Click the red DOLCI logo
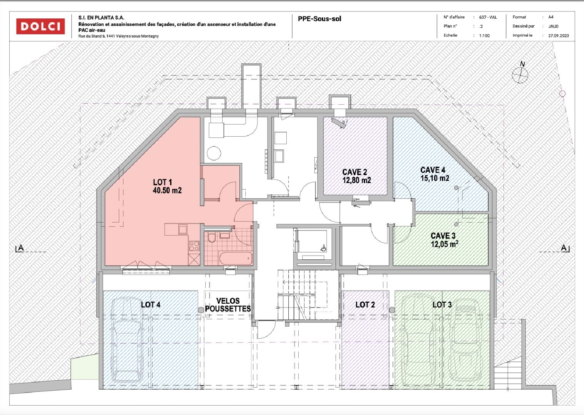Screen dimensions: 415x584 coord(40,26)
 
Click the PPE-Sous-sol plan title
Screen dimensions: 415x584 coord(319,19)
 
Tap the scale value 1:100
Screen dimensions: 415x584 coord(484,35)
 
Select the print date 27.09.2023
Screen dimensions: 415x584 coord(558,35)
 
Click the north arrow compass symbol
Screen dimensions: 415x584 coord(520,75)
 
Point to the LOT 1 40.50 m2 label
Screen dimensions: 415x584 coord(167,186)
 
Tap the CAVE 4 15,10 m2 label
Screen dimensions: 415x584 coord(434,174)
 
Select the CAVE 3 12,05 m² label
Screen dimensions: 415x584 coord(444,240)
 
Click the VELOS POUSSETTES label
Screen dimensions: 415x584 coord(228,305)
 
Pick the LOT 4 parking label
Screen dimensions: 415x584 coord(150,305)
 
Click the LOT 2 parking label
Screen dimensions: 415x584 coord(365,305)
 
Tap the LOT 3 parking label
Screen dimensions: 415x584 coord(442,305)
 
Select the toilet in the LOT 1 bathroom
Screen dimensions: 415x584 coord(212,238)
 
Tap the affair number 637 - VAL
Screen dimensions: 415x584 coord(488,17)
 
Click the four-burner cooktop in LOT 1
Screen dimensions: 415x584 coord(194,246)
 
